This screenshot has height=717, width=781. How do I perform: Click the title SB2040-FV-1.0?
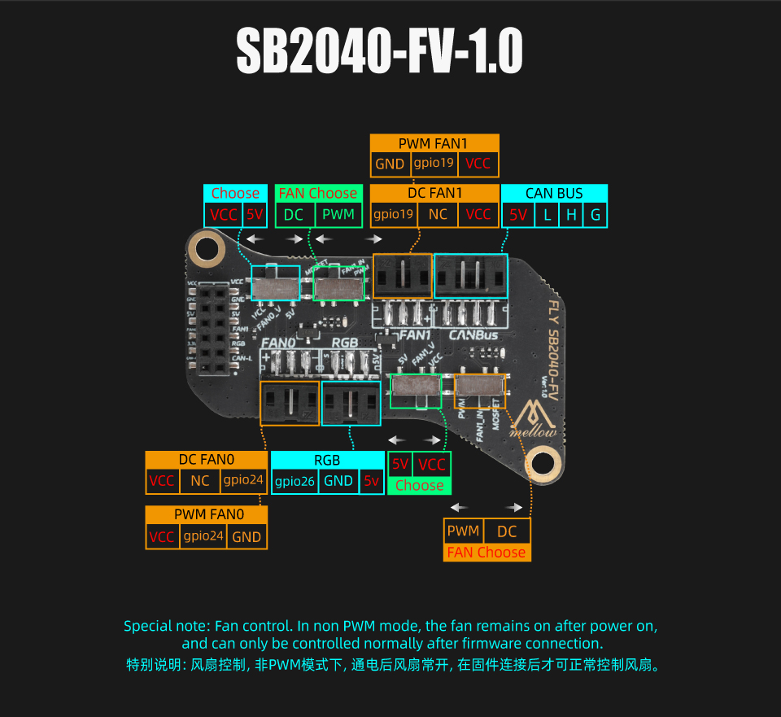379,53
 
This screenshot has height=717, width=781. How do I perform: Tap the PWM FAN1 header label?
434,143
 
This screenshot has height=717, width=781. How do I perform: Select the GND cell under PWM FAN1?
390,164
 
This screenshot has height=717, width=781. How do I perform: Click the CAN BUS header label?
554,194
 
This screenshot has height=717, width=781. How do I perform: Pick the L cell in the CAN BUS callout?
548,215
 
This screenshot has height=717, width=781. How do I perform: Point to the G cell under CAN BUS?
596,215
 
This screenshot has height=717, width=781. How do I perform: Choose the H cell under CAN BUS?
571,215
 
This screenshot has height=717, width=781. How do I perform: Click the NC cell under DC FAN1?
438,215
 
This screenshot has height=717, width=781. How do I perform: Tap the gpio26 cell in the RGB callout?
294,481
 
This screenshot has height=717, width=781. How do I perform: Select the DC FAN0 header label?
206,461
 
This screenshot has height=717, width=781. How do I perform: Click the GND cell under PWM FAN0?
246,536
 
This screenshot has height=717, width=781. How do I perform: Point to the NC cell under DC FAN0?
200,481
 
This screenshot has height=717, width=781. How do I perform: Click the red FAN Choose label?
486,553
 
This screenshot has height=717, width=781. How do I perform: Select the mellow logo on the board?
534,418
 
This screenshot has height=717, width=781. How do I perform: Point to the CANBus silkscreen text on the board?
473,334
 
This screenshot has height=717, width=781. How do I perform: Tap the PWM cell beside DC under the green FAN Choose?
338,215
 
